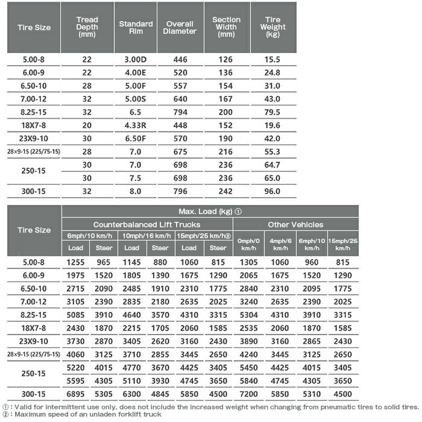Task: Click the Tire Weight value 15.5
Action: point(272,59)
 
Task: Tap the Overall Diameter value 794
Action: point(180,112)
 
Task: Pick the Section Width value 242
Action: point(226,192)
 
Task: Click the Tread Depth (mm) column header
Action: point(87,27)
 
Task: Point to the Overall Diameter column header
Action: point(180,27)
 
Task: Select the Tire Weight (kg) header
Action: point(272,27)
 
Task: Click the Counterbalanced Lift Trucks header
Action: point(146,224)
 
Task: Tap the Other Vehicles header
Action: point(295,224)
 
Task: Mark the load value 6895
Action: point(75,394)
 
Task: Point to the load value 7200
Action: point(249,394)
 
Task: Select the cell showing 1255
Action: point(75,262)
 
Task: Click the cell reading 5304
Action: point(249,315)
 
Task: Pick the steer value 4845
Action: point(160,394)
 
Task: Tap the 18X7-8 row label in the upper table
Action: point(34,125)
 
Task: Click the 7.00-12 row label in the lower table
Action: point(34,301)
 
